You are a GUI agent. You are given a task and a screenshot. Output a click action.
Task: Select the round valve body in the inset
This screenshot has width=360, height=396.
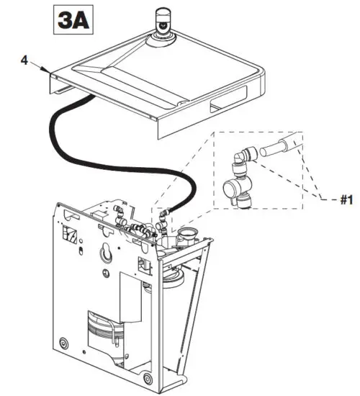[x=235, y=189]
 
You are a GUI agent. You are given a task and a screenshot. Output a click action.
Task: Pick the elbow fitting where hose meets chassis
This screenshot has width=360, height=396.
[x=163, y=213]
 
